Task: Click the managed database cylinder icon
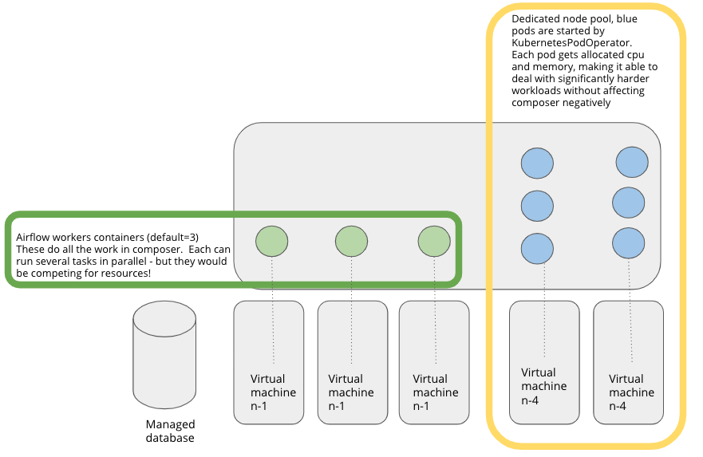tap(164, 353)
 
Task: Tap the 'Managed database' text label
tap(170, 431)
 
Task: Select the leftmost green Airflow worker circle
tap(272, 241)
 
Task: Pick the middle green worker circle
tap(351, 241)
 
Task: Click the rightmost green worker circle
tap(434, 241)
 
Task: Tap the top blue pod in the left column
tap(537, 163)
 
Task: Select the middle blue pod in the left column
tap(537, 205)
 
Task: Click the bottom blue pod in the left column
tap(537, 246)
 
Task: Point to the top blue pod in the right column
tap(631, 162)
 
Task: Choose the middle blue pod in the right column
tap(629, 202)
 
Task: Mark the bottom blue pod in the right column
tap(629, 243)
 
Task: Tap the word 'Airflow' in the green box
tap(35, 238)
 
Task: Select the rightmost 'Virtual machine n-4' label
tap(631, 392)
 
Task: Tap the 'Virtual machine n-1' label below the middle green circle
tap(351, 392)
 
